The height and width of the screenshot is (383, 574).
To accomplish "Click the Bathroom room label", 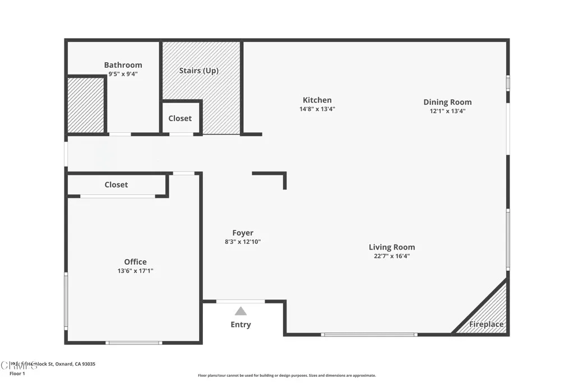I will pyautogui.click(x=123, y=65).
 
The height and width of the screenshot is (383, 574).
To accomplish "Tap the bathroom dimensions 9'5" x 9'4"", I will pyautogui.click(x=123, y=73).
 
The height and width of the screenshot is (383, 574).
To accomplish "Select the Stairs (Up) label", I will pyautogui.click(x=198, y=71).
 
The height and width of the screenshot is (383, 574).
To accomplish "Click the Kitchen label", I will pyautogui.click(x=317, y=100).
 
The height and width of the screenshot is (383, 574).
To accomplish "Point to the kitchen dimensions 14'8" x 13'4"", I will pyautogui.click(x=317, y=109).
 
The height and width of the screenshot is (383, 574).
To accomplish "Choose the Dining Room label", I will pyautogui.click(x=447, y=102).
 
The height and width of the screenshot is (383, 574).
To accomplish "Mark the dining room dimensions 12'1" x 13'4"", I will pyautogui.click(x=447, y=111).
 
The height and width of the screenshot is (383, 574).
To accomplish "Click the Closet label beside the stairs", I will pyautogui.click(x=180, y=118).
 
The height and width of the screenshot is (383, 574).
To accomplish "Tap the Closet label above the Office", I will pyautogui.click(x=116, y=184).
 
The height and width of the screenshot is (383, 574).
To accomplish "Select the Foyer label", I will pyautogui.click(x=243, y=233).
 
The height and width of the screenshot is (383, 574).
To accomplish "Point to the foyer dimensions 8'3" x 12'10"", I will pyautogui.click(x=243, y=242).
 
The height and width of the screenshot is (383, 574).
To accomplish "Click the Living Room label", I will pyautogui.click(x=392, y=247).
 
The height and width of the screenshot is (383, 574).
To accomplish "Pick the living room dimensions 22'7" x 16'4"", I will pyautogui.click(x=392, y=256).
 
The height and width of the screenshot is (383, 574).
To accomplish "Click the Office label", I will pyautogui.click(x=135, y=261).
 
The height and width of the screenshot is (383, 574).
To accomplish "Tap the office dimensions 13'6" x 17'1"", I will pyautogui.click(x=135, y=270).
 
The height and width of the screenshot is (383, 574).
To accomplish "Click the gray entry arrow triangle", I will pyautogui.click(x=240, y=311).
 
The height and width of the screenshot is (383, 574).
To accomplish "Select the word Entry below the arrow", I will pyautogui.click(x=240, y=325).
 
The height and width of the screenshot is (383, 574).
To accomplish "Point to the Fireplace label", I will pyautogui.click(x=486, y=324).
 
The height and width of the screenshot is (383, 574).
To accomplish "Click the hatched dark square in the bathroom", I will pyautogui.click(x=86, y=105).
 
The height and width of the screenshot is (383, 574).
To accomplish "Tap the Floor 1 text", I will pyautogui.click(x=17, y=373).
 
